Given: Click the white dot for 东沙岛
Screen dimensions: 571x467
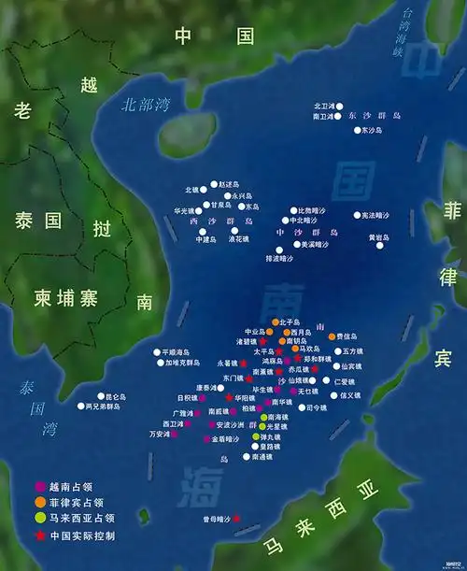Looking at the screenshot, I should point(357,131).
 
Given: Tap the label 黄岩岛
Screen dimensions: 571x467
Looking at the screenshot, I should point(377,237).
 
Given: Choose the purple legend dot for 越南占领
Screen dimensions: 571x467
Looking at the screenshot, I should point(39,486).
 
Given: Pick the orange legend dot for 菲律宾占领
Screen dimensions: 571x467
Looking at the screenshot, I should point(39,502).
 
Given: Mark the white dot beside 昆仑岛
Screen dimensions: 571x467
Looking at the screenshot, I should point(101,396).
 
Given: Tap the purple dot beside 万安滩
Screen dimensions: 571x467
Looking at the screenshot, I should point(176,434).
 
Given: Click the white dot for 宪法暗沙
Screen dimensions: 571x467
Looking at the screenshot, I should point(356,215).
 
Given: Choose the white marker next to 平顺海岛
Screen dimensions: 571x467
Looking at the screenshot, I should point(158,352).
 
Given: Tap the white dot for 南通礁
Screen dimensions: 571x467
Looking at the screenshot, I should point(246,457).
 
